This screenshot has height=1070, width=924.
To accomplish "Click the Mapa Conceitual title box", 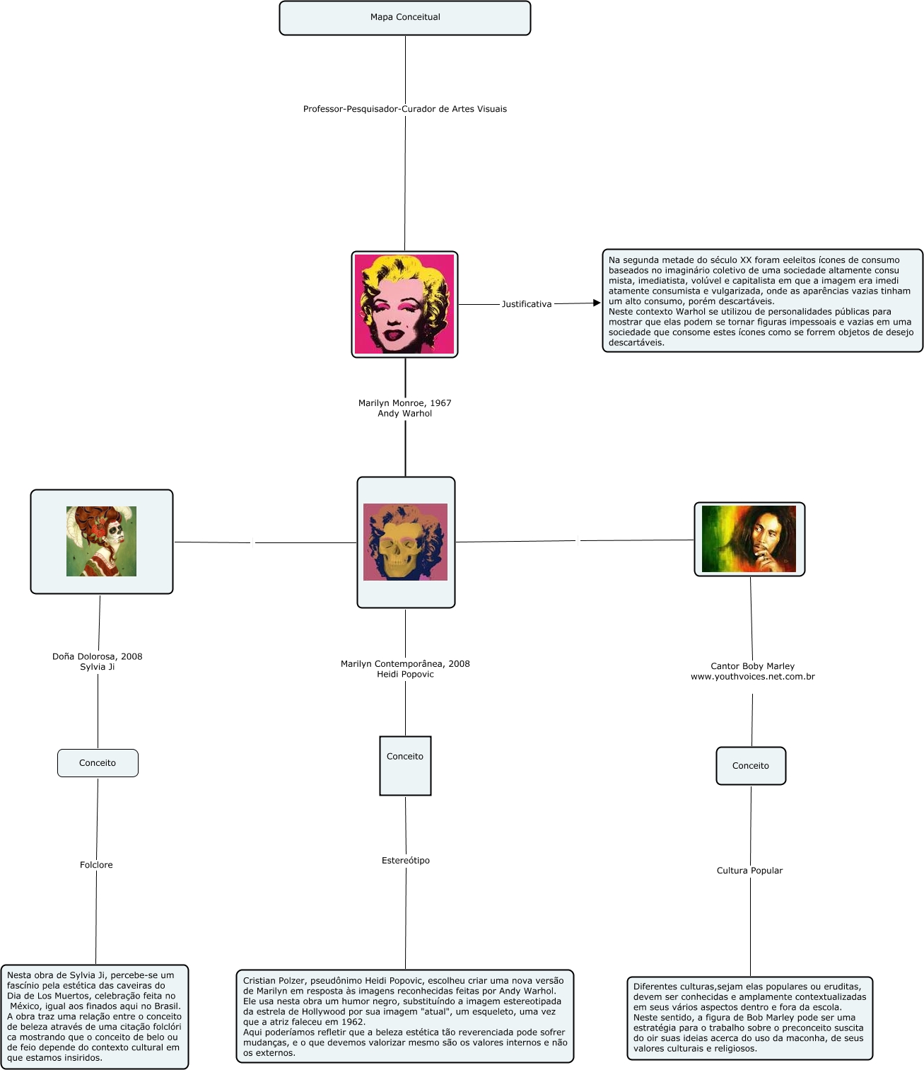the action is point(404,18).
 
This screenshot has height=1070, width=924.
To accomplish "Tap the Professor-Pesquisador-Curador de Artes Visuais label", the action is point(404,109).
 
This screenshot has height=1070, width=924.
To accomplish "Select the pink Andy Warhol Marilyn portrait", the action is point(404,304).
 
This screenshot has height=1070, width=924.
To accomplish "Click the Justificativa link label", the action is point(526,304).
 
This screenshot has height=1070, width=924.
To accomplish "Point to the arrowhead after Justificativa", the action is point(596,303).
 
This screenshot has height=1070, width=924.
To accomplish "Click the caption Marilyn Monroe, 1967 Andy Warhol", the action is point(404,408).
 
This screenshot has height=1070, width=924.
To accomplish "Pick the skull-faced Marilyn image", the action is point(405,542).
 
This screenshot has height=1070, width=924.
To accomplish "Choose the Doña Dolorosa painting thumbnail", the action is point(101,541).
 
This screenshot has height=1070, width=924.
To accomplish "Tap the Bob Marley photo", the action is point(749,539).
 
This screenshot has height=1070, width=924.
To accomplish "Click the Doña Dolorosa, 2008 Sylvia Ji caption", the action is point(97,661).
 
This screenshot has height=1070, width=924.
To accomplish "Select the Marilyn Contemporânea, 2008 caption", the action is point(405,664).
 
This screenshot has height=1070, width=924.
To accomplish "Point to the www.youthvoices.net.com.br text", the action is point(752,677).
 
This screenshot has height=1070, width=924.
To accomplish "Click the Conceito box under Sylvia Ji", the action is point(98,763).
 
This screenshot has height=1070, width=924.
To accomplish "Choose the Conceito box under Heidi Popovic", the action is point(405,765).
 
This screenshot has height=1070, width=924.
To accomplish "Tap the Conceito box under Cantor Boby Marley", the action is point(750,766).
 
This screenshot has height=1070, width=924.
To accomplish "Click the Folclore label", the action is point(96,865).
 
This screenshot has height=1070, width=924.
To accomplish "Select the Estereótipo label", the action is point(405,861).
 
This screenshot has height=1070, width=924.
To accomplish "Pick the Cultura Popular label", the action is point(749,871).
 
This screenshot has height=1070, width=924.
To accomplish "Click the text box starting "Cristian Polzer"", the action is point(404,1016).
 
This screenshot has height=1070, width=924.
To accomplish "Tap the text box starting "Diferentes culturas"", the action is point(749,1018).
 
